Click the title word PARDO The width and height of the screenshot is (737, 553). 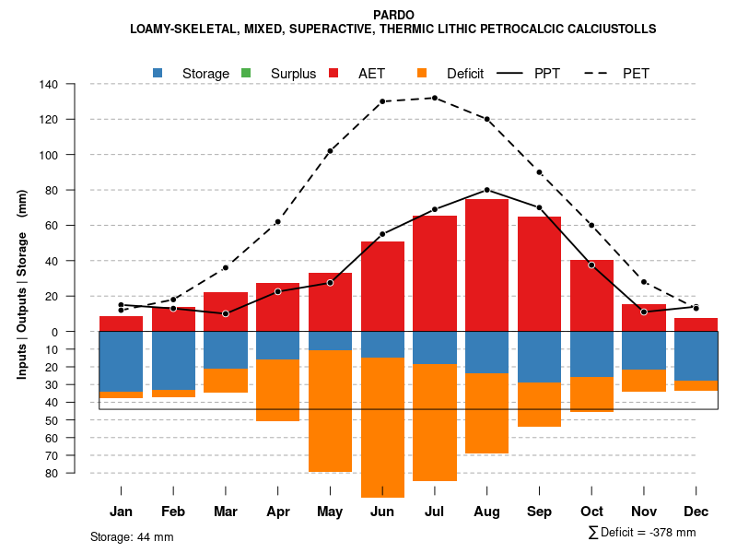[393, 15]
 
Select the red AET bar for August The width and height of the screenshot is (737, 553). [487, 265]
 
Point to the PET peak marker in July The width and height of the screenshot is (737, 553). [435, 98]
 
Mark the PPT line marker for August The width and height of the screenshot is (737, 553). [487, 190]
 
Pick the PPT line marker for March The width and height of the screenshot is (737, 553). [226, 313]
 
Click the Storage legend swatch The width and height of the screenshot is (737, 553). [158, 73]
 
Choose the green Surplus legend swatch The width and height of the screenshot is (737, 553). [246, 73]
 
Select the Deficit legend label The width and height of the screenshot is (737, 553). [466, 73]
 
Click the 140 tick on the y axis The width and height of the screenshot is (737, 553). [49, 84]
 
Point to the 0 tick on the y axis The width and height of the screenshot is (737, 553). [54, 332]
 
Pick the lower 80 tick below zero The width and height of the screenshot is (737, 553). [52, 473]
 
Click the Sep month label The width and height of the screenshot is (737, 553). [540, 512]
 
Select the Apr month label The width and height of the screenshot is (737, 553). [278, 512]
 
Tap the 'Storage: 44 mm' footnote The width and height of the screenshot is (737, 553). [132, 536]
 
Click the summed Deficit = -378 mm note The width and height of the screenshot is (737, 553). [642, 532]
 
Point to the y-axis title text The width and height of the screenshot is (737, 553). [22, 284]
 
